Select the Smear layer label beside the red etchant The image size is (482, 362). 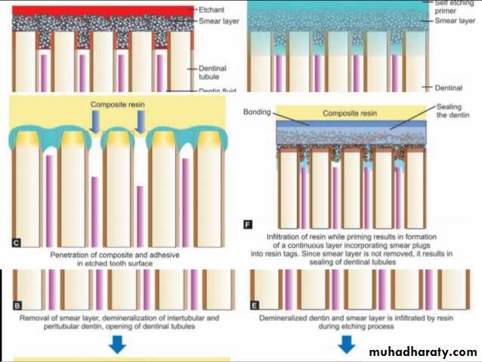pyautogui.click(x=218, y=22)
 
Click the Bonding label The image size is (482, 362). pyautogui.click(x=258, y=113)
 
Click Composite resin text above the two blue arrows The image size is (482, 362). pyautogui.click(x=117, y=104)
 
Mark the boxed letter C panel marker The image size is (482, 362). pyautogui.click(x=16, y=243)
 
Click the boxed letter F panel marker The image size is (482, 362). pyautogui.click(x=248, y=224)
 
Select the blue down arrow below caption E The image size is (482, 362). pyautogui.click(x=347, y=345)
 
